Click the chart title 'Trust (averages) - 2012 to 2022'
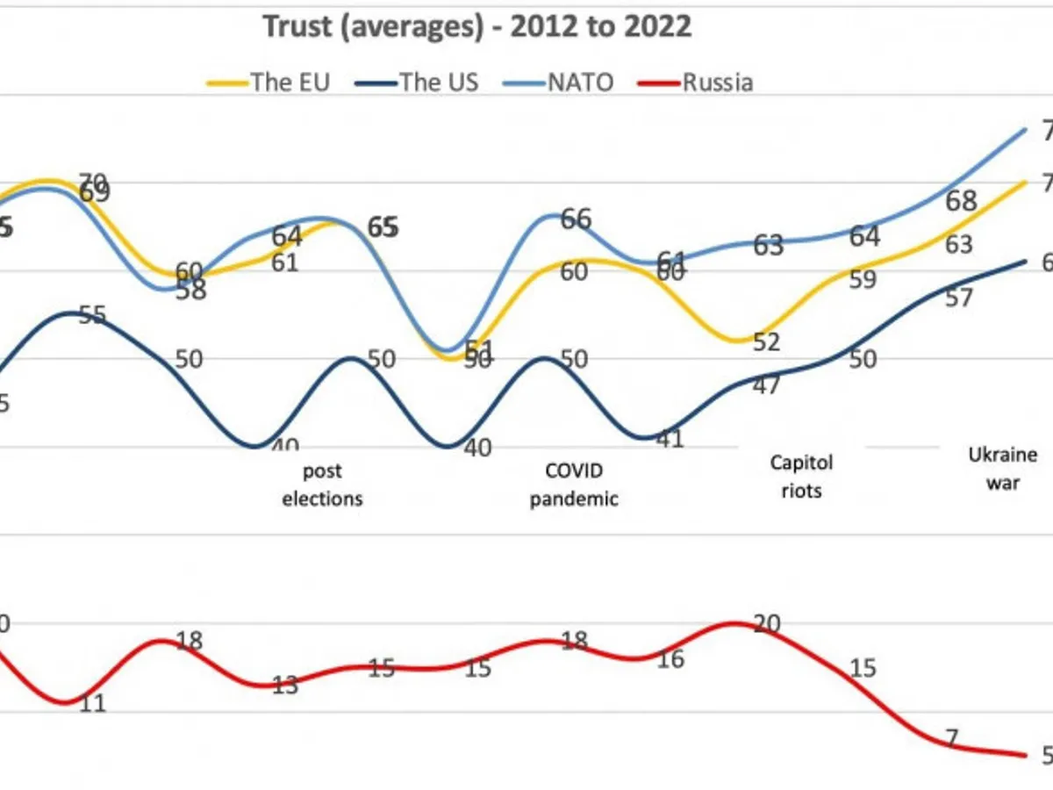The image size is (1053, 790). coord(477,26)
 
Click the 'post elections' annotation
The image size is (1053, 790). coord(322,485)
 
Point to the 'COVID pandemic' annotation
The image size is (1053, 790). coord(575,485)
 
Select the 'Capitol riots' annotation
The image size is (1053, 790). coord(800,476)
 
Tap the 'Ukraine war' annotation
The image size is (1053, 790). coord(1002,468)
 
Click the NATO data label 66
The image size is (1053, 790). coord(575,219)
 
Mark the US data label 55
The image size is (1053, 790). coord(91,315)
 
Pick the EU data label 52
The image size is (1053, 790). coord(766,341)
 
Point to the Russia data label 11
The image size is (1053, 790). coord(91,703)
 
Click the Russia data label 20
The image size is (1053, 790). coord(766,624)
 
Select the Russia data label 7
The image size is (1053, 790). coord(951,739)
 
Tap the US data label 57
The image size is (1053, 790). coord(959,298)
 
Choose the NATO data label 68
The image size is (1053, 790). coord(962,201)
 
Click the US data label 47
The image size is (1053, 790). coord(766,384)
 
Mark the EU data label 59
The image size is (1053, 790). coord(863,280)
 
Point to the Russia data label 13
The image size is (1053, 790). coord(284,686)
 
